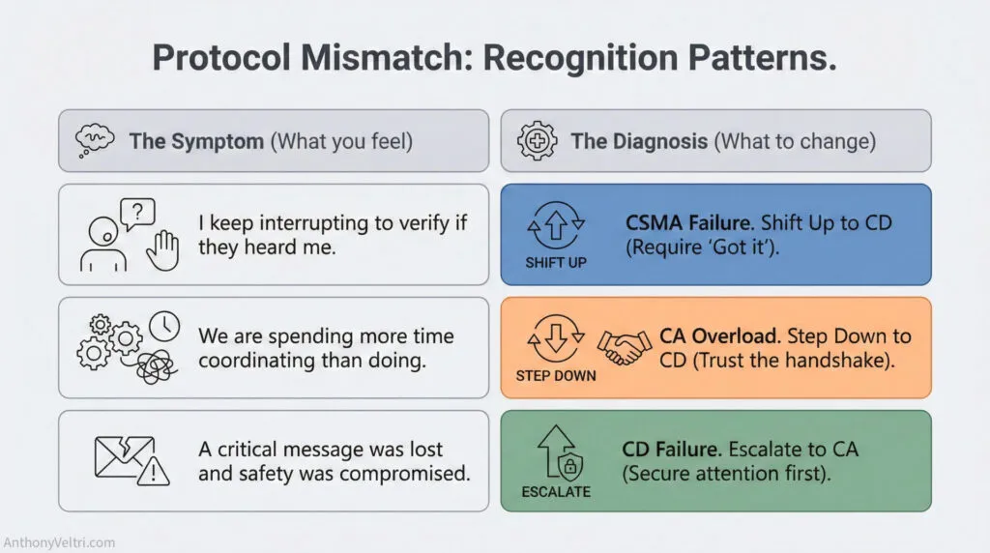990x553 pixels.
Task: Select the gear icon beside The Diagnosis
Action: (x=537, y=141)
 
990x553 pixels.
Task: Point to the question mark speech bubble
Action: (x=137, y=211)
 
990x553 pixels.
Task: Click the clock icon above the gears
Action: (x=164, y=328)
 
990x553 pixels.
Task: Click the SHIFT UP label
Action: (x=556, y=262)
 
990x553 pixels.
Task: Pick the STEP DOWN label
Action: (x=556, y=375)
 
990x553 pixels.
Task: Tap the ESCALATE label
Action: (x=556, y=491)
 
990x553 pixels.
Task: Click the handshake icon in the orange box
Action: (x=624, y=347)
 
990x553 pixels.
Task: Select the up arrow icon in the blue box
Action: (x=556, y=228)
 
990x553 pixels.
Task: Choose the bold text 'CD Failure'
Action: (x=672, y=450)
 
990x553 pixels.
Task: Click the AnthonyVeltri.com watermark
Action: (x=59, y=542)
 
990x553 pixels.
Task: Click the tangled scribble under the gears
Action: (x=153, y=366)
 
